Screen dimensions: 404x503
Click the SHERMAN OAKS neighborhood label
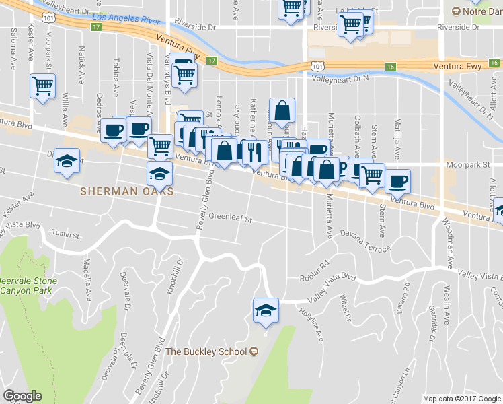[x=126, y=191]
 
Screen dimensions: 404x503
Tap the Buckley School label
[x=207, y=351]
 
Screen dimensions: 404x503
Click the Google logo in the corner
[x=22, y=396]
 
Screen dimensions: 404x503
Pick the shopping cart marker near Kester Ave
[x=42, y=86]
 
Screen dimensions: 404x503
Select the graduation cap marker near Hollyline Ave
[x=266, y=310]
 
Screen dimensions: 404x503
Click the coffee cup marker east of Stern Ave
[x=397, y=180]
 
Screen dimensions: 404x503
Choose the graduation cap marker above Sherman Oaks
[x=159, y=174]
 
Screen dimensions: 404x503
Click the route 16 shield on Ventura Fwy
[x=390, y=66]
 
